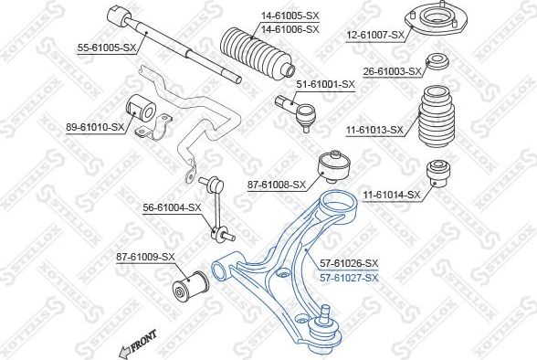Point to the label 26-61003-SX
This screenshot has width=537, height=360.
393,70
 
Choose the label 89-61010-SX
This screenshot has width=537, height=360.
94,126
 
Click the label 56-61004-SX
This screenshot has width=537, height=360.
172,207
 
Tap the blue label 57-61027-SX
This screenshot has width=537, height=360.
346,278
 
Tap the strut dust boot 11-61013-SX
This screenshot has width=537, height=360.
439,119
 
